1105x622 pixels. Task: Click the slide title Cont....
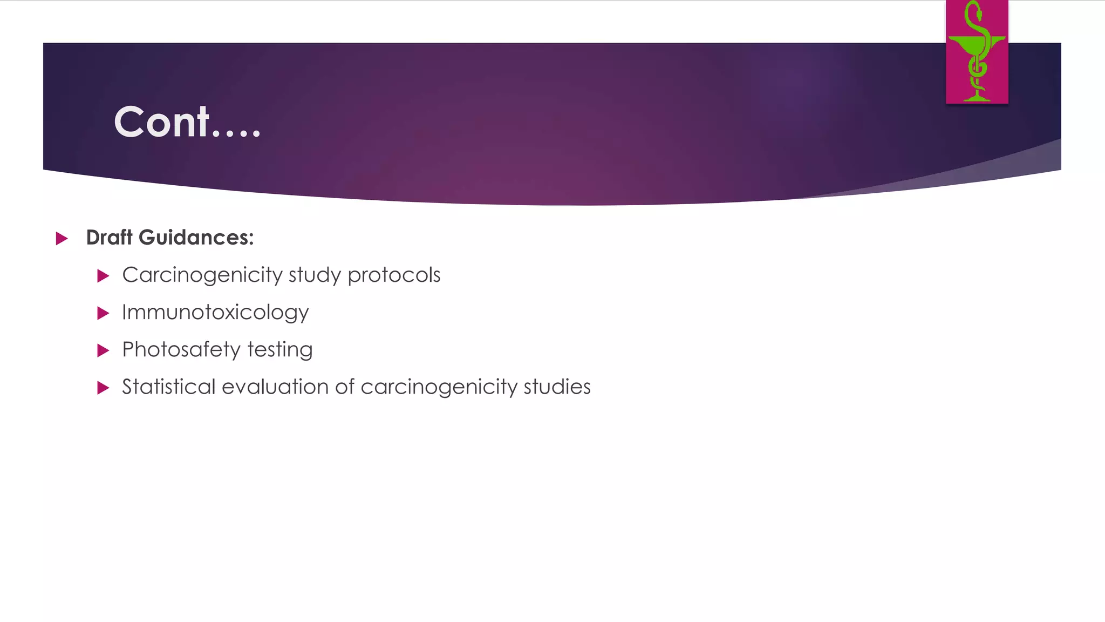point(187,122)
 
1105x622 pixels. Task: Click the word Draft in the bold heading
point(109,238)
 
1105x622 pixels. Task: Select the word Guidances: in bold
point(196,238)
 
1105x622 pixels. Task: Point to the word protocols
point(394,275)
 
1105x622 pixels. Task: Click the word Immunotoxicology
point(215,313)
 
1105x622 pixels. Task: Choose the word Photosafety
point(181,350)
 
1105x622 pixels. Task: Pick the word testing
point(280,350)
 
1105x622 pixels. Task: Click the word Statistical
point(168,387)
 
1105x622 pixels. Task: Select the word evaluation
point(275,387)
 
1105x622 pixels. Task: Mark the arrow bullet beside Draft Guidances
point(62,238)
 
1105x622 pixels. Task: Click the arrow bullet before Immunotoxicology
point(103,313)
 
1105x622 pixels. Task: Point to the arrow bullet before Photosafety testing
point(103,350)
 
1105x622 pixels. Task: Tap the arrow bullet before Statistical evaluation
point(103,388)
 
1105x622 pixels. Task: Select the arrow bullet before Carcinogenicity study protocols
point(103,276)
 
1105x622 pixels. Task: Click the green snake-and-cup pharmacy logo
point(977,52)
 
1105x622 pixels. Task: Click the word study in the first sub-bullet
point(315,275)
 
